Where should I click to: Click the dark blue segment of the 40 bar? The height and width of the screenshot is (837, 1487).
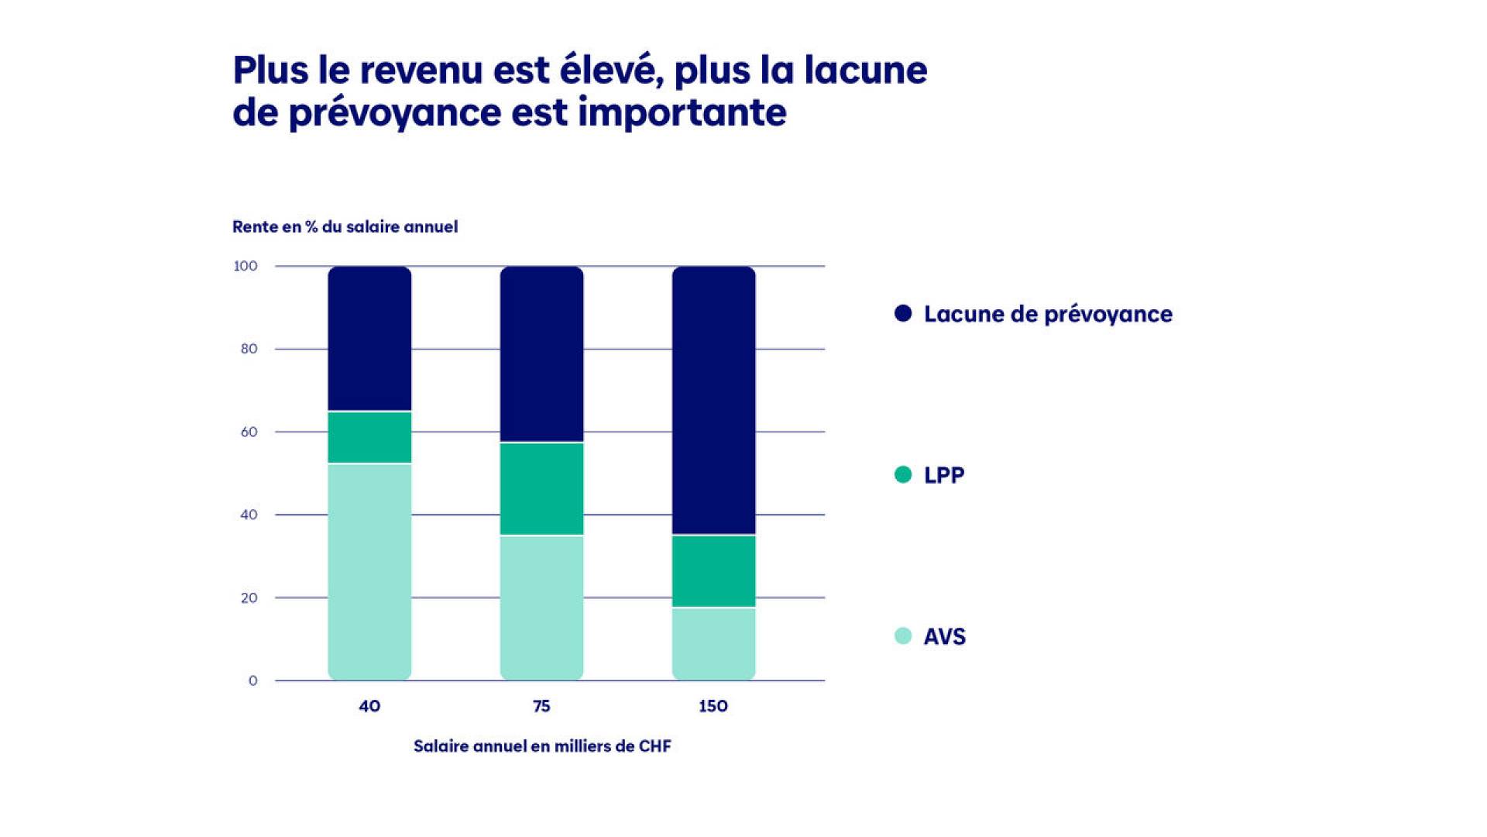tap(369, 338)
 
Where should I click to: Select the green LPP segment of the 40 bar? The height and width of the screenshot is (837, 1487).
tap(369, 437)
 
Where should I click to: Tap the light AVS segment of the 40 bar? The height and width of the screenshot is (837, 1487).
tap(369, 572)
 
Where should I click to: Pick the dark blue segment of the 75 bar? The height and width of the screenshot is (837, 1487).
tap(541, 354)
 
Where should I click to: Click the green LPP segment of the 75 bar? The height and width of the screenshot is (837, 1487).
tap(541, 489)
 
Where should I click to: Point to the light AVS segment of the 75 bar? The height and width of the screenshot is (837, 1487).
tap(541, 608)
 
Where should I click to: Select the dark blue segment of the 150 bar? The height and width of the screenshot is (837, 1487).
tap(713, 400)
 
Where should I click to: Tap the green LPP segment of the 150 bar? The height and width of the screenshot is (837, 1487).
tap(713, 571)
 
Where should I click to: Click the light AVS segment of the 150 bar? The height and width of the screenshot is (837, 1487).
tap(713, 644)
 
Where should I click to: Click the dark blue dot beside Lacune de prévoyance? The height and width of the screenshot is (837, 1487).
tap(903, 313)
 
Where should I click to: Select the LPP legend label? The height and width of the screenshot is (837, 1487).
tap(944, 475)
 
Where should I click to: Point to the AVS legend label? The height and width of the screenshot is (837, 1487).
tap(945, 636)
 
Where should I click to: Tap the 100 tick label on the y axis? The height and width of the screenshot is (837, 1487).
tap(246, 266)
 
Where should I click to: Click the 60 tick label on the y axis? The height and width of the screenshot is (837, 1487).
tap(249, 432)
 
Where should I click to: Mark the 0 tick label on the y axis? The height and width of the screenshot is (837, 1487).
tap(252, 680)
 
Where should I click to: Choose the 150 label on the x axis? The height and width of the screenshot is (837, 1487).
tap(713, 706)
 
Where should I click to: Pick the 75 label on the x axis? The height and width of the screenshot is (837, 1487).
tap(541, 706)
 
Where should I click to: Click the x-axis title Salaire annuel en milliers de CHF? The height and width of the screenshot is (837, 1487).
tap(542, 746)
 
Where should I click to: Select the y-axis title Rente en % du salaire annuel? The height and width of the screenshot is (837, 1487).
tap(345, 227)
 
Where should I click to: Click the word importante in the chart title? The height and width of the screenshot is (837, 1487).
tap(682, 113)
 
